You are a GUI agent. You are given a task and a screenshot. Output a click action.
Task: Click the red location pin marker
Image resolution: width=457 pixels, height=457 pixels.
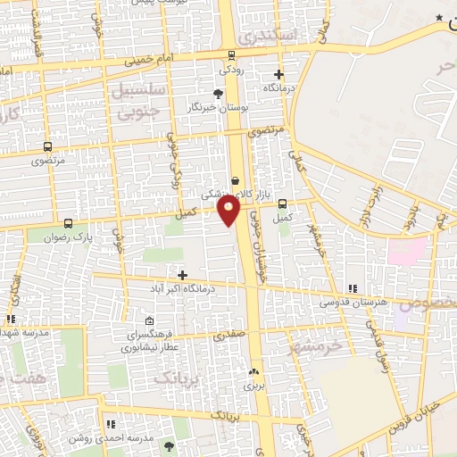pyautogui.click(x=229, y=210)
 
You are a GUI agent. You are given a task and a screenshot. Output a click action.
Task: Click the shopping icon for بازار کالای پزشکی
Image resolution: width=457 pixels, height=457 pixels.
pyautogui.click(x=235, y=179)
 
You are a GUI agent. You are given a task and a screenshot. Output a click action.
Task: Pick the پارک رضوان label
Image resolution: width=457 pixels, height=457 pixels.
pyautogui.click(x=69, y=237)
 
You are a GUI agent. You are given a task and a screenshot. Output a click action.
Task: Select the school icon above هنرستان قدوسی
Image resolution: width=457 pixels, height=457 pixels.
pyautogui.click(x=353, y=287)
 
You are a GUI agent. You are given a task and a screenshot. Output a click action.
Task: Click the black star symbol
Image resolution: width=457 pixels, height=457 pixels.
pyautogui.click(x=438, y=18)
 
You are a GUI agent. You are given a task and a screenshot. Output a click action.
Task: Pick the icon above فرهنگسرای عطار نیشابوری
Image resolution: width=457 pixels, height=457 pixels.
pyautogui.click(x=148, y=322)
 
